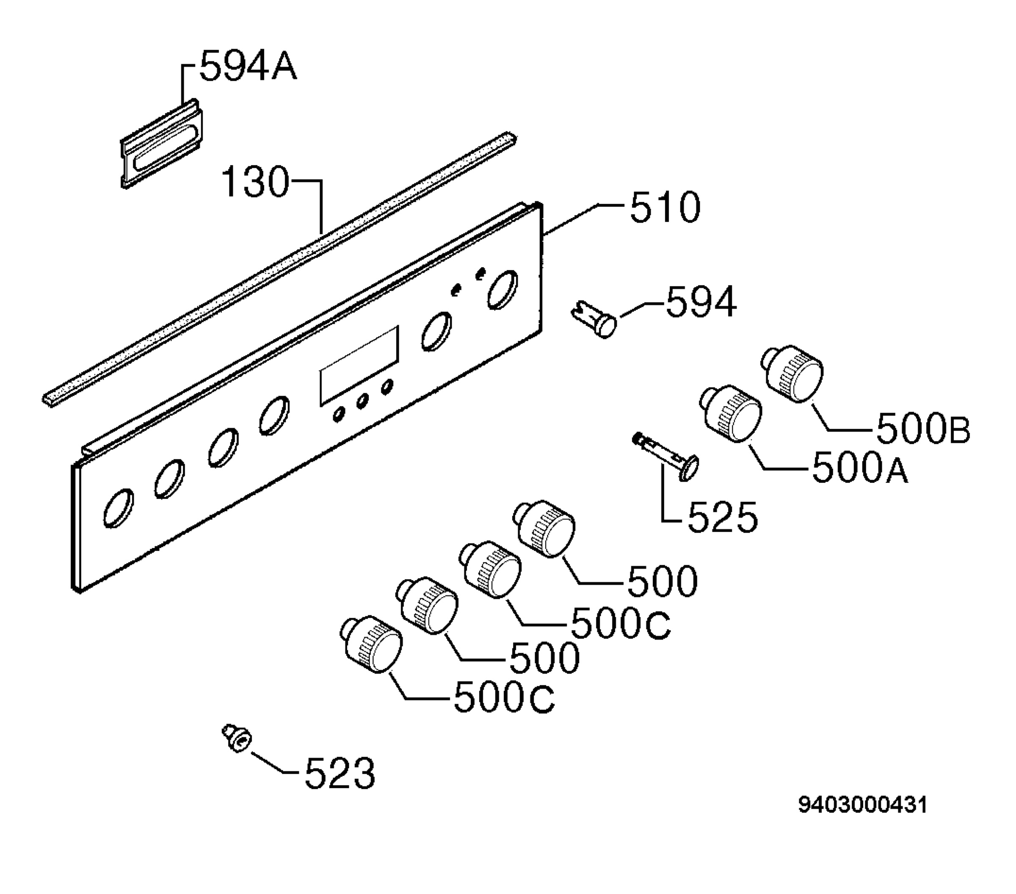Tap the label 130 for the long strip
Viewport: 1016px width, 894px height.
tap(254, 182)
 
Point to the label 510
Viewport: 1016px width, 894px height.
tap(665, 208)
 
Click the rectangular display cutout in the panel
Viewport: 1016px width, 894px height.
tap(359, 365)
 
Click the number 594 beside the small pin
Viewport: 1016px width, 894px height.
tap(701, 302)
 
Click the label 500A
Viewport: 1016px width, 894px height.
tap(860, 469)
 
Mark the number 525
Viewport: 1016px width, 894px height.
tap(722, 518)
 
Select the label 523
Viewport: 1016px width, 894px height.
tap(340, 774)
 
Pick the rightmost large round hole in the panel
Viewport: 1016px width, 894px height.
tap(502, 289)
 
